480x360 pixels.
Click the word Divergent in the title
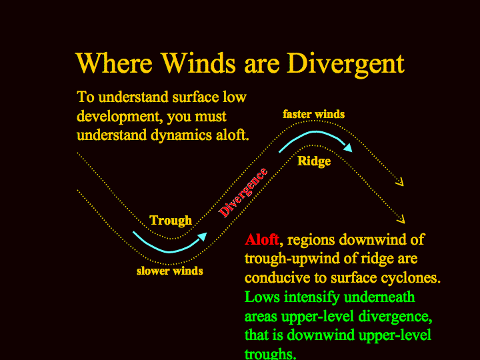(345, 65)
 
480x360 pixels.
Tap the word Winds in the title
(199, 63)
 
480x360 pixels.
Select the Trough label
(171, 221)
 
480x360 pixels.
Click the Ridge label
(314, 161)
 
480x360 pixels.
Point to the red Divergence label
(243, 193)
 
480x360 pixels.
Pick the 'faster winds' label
(314, 114)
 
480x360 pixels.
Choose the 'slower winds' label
(170, 271)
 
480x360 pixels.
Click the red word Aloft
(262, 239)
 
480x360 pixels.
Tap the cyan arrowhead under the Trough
(203, 237)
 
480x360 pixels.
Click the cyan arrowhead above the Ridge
(348, 147)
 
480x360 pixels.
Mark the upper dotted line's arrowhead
(400, 182)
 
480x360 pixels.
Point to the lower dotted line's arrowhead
(401, 219)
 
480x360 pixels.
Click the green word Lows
(262, 297)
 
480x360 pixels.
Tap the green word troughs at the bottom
(270, 353)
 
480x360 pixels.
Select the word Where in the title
(114, 63)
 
